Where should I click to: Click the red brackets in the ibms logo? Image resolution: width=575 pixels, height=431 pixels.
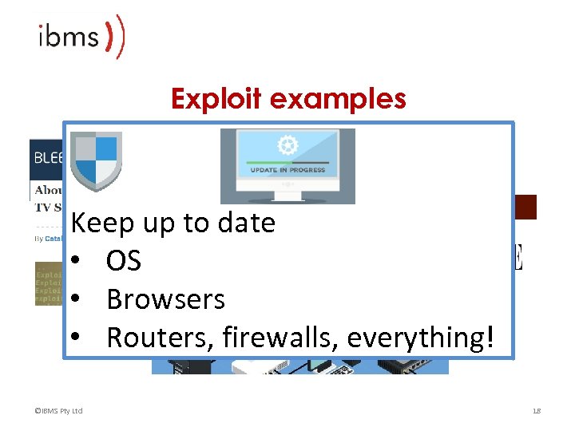pos(117,36)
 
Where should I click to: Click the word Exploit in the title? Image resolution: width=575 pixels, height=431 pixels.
pos(216,99)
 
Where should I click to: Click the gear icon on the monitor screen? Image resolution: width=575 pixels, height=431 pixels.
pos(287,145)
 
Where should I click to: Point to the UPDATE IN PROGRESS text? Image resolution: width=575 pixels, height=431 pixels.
pos(287,171)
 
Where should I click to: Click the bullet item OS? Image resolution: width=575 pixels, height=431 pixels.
pos(124,261)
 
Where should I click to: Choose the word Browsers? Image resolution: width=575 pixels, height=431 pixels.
pos(165,299)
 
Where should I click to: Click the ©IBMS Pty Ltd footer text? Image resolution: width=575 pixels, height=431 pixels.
pos(59,411)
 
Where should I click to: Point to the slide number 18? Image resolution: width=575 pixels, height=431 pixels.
pos(536,411)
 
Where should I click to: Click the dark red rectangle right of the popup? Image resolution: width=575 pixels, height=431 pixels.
pos(525,207)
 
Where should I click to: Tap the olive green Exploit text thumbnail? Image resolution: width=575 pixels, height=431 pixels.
pos(49,283)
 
